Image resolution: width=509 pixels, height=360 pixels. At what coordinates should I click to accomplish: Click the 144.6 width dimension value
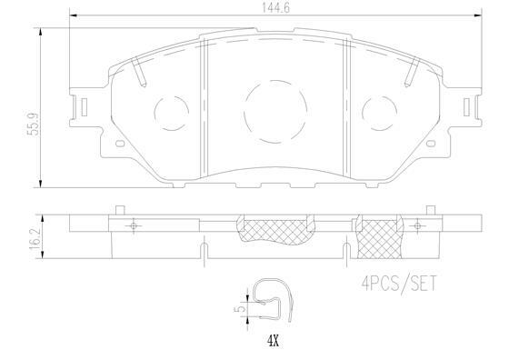click(x=275, y=8)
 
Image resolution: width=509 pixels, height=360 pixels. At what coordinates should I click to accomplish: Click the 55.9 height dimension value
click(x=34, y=124)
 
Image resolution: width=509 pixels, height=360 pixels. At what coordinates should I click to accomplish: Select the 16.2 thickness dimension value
click(x=35, y=238)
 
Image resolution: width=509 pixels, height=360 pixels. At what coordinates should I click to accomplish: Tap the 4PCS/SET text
click(x=399, y=284)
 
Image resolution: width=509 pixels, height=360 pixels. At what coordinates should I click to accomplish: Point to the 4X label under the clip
click(x=273, y=341)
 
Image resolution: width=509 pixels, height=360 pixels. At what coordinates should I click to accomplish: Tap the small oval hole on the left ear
click(x=120, y=143)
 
